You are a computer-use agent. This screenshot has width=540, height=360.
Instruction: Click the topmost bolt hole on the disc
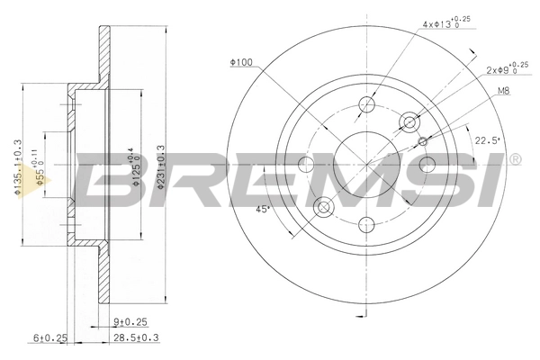point(366,104)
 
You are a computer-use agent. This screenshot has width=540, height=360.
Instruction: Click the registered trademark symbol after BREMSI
point(514,160)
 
